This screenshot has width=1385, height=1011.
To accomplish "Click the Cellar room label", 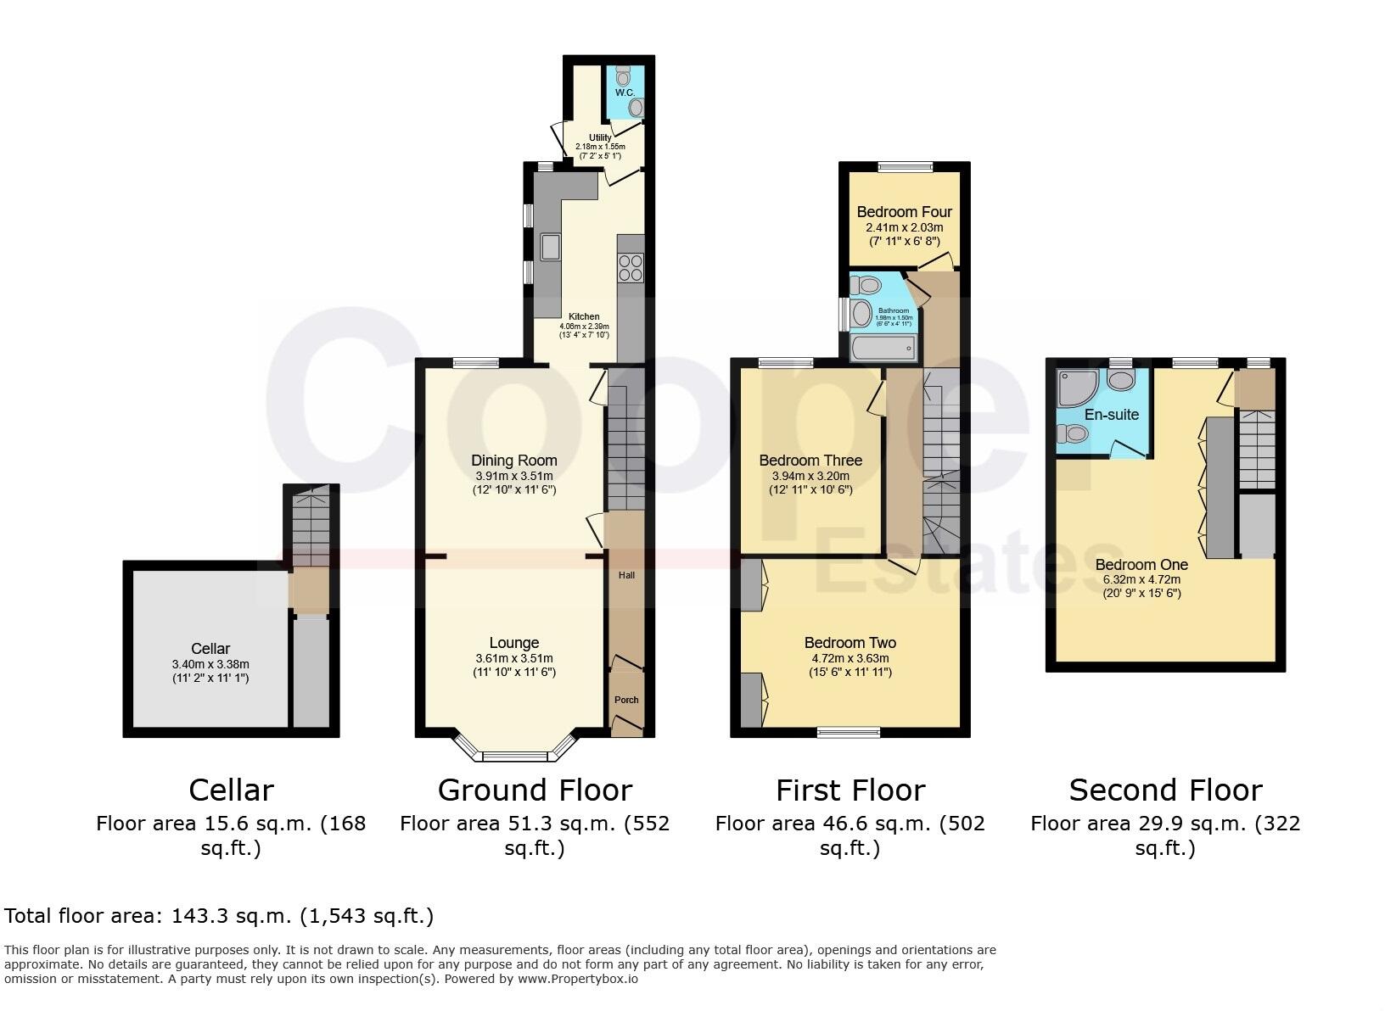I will (x=210, y=649).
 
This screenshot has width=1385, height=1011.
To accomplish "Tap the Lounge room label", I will (x=513, y=643).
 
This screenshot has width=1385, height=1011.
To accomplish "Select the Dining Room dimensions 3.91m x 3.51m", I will (x=513, y=476).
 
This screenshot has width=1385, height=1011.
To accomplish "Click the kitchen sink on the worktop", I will (x=550, y=246).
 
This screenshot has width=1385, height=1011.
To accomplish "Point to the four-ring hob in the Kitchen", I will (x=631, y=267).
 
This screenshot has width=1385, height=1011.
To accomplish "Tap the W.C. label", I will (x=625, y=92).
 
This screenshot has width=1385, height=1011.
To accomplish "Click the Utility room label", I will (x=600, y=137).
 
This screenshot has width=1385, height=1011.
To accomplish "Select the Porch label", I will (x=626, y=700).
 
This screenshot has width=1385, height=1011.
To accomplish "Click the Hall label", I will (x=626, y=575).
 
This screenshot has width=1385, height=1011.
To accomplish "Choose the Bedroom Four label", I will (x=904, y=212).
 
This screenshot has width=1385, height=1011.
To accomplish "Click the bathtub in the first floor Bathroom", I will (x=883, y=348).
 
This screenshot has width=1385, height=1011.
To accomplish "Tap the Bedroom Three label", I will (x=810, y=461).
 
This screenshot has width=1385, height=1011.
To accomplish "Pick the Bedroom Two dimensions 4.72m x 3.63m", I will (x=850, y=658).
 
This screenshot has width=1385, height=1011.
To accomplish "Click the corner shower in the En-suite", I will (x=1076, y=388).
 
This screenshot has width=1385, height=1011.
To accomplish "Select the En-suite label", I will (x=1111, y=415).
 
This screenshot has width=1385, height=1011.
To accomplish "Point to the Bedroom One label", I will (x=1141, y=565).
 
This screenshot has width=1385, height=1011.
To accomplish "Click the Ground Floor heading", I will (x=535, y=790).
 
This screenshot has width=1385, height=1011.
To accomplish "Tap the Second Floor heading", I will (x=1165, y=790).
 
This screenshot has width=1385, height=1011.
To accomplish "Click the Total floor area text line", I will (x=219, y=916).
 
